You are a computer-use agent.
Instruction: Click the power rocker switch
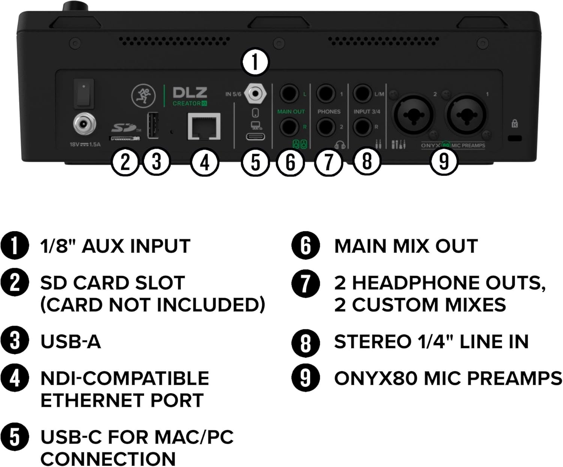pyautogui.click(x=84, y=93)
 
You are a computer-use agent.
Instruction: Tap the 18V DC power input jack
pyautogui.click(x=84, y=124)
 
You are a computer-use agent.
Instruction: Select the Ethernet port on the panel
pyautogui.click(x=204, y=127)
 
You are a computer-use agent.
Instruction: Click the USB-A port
pyautogui.click(x=153, y=125)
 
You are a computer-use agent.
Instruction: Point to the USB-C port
pyautogui.click(x=255, y=137)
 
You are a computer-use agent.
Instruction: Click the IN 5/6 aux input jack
pyautogui.click(x=255, y=93)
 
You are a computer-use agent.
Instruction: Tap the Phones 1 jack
pyautogui.click(x=326, y=94)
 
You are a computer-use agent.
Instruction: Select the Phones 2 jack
pyautogui.click(x=326, y=127)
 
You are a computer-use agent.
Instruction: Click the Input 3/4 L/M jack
pyautogui.click(x=363, y=94)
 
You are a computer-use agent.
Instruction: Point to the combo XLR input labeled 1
pyautogui.click(x=466, y=114)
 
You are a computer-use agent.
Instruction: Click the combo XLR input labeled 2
pyautogui.click(x=413, y=114)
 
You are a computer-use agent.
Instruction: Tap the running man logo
pyautogui.click(x=143, y=96)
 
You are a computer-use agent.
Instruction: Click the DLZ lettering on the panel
pyautogui.click(x=190, y=93)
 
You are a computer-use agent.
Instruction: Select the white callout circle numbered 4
pyautogui.click(x=205, y=162)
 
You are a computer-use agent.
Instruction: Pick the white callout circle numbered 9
pyautogui.click(x=444, y=162)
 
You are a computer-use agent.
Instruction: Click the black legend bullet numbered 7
pyautogui.click(x=305, y=284)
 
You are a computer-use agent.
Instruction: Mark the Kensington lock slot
pyautogui.click(x=515, y=138)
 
